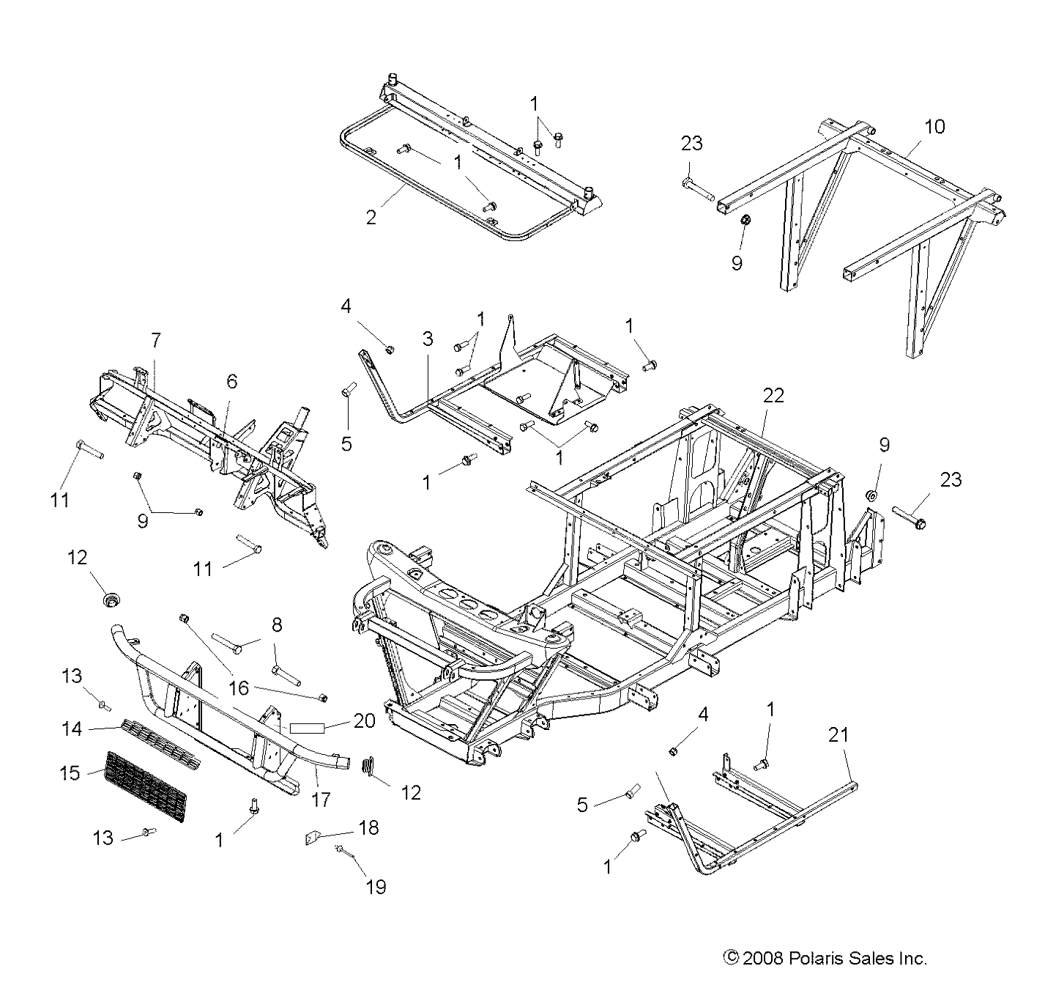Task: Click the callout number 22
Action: click(x=773, y=396)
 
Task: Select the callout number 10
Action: click(x=934, y=127)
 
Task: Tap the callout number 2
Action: click(x=371, y=218)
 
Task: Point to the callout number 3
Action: click(x=428, y=339)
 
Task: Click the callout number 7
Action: click(x=155, y=340)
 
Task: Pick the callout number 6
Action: click(x=231, y=380)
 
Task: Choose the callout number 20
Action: click(x=363, y=721)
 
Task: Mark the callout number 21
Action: click(x=838, y=734)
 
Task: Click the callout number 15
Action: click(x=70, y=772)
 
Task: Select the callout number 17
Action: click(x=321, y=798)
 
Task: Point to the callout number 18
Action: click(x=369, y=827)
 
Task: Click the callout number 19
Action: click(x=376, y=887)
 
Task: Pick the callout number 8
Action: click(x=276, y=625)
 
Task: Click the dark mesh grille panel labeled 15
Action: click(x=146, y=786)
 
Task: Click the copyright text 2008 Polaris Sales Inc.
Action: click(x=825, y=957)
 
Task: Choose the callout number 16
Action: click(x=239, y=688)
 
